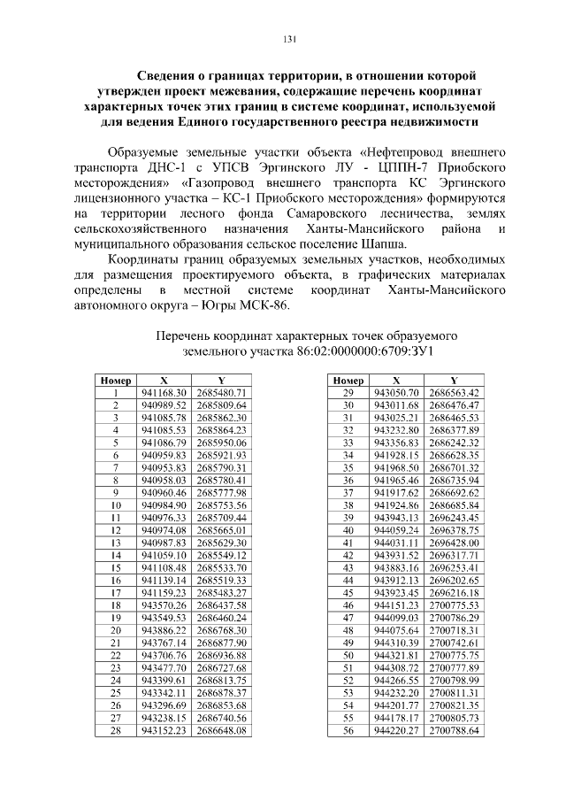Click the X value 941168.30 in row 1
164,392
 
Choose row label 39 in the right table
348,517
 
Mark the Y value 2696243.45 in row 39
454,517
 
